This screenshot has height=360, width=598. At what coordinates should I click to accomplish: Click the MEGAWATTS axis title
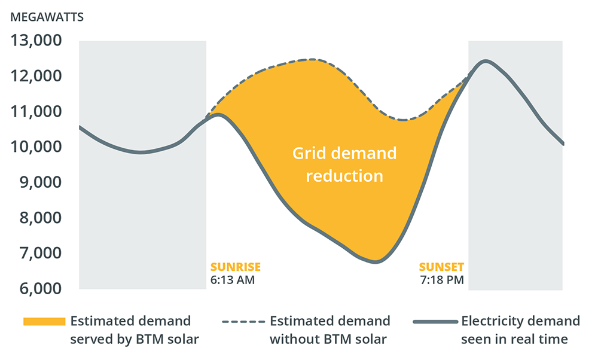click(47, 17)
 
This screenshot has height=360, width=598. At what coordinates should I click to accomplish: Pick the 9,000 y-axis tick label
click(41, 182)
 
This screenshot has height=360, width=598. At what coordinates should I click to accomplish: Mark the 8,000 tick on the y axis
click(41, 218)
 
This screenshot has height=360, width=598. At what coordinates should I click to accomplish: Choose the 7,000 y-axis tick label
click(41, 253)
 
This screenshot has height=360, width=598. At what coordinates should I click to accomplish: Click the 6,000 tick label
click(41, 288)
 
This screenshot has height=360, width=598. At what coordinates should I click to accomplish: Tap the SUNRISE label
click(236, 267)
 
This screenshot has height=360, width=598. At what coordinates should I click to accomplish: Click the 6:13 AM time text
click(233, 279)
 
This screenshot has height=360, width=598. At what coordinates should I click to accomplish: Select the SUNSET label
click(441, 267)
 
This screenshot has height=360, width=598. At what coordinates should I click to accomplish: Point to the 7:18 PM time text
click(442, 279)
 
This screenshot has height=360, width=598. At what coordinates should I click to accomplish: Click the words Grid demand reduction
click(344, 164)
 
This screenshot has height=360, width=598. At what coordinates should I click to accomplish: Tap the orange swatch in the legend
click(44, 322)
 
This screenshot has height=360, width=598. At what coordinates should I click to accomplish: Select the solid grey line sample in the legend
click(434, 322)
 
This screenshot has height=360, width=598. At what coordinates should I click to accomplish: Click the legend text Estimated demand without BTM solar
click(329, 330)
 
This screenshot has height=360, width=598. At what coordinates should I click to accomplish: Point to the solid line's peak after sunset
click(486, 61)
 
